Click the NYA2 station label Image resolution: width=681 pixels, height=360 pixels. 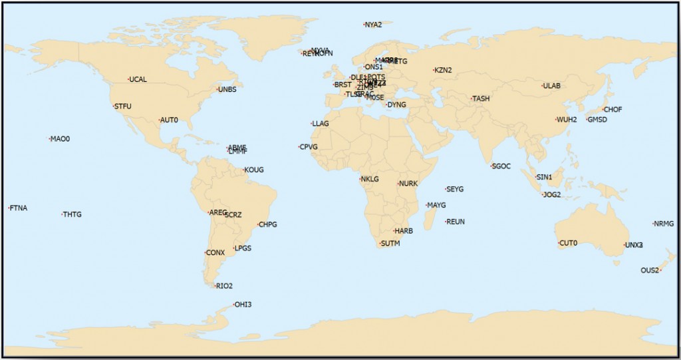tap(374, 25)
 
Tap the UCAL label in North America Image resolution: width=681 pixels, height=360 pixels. tap(138, 80)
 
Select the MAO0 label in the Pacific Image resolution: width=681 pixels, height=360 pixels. tap(61, 139)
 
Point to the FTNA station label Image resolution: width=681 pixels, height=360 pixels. tap(19, 208)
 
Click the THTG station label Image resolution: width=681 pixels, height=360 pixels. tap(72, 215)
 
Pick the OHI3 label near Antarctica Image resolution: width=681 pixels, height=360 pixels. tap(243, 305)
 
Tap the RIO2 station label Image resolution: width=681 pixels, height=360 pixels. tap(225, 286)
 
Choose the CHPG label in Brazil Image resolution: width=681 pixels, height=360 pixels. tap(268, 225)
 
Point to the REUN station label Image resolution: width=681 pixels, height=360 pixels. tap(456, 222)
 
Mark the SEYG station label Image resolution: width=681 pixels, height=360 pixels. tap(456, 190)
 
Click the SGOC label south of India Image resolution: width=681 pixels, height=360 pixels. tap(502, 166)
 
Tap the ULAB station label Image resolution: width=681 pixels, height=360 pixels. tap(553, 87)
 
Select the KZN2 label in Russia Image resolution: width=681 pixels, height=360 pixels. tap(444, 71)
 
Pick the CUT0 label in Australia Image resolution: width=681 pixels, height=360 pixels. tap(569, 243)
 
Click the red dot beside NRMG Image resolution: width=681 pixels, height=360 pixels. tap(653, 224)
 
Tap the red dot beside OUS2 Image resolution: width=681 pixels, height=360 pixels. tap(660, 270)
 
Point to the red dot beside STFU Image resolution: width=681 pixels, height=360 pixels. tap(113, 106)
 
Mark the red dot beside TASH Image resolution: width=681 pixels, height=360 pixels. tap(471, 99)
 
